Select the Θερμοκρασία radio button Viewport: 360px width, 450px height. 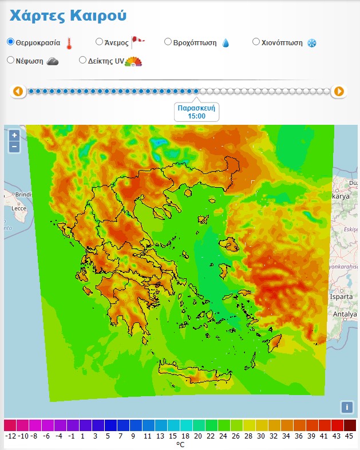10,42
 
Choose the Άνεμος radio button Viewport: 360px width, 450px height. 99,42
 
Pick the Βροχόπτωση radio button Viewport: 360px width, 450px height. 168,42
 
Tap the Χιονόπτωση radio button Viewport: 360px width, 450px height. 256,42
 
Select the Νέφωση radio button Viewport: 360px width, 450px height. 10,60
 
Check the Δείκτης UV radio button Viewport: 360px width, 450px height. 82,60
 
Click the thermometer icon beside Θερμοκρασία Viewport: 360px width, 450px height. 69,43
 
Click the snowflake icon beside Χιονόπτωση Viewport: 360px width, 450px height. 312,43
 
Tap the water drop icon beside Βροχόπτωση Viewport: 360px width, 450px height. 226,43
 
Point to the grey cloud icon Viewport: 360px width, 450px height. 52,61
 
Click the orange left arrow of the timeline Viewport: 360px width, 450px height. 18,91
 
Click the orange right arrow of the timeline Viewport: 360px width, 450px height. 339,91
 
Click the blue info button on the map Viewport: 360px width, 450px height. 346,407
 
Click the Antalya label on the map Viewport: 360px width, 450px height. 345,314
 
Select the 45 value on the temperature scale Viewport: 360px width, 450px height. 349,436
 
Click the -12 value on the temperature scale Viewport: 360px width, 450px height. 10,436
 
